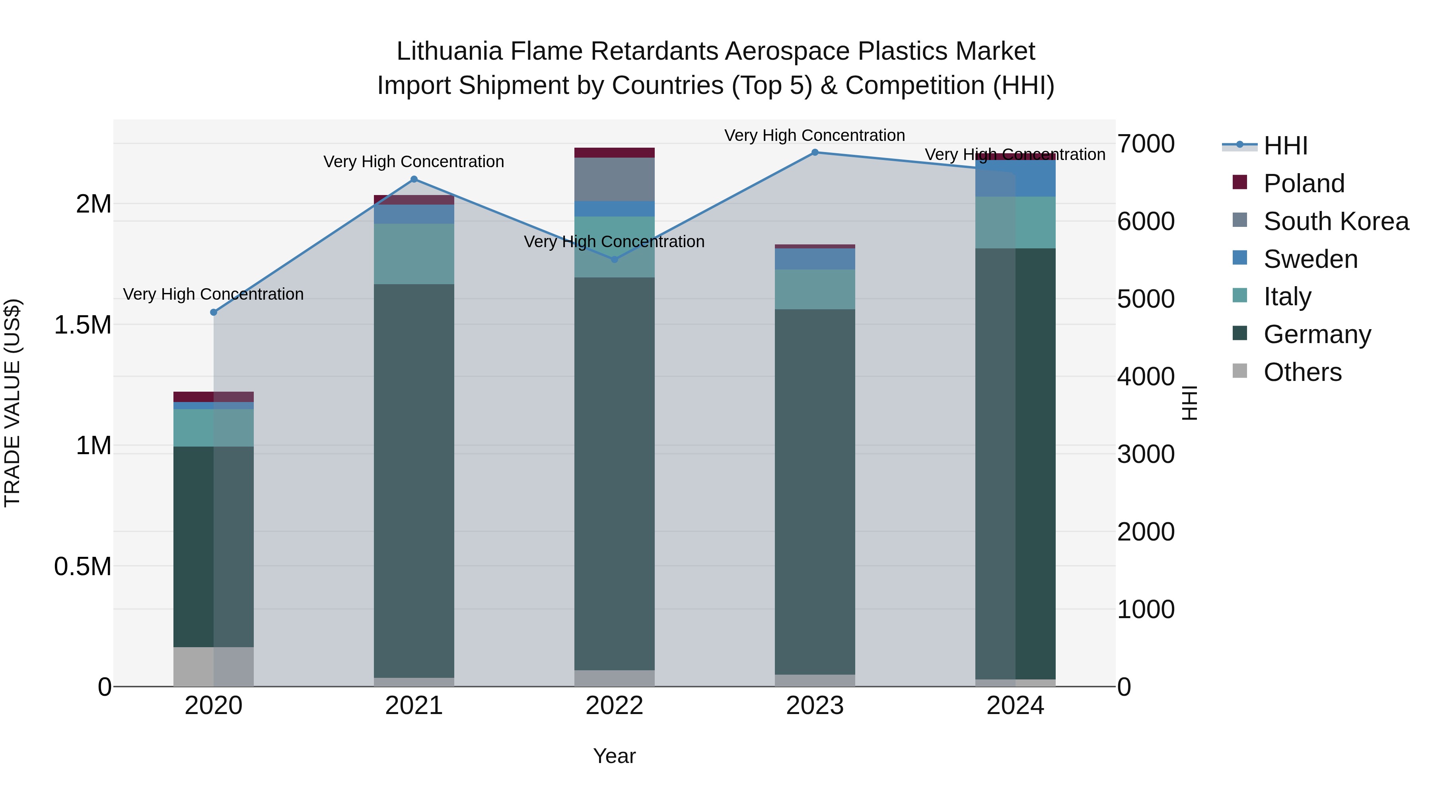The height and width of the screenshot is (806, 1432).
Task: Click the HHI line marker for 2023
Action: [x=815, y=152]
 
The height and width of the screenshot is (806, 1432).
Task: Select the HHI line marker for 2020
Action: [x=214, y=312]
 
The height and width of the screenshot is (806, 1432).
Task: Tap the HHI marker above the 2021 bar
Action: [x=414, y=179]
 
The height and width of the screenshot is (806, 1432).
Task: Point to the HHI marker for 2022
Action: [x=614, y=259]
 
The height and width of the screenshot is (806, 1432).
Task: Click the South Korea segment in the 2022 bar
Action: [x=614, y=179]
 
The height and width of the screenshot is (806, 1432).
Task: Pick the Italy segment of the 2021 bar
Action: [x=414, y=254]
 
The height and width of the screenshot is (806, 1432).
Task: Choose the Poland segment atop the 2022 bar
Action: [x=614, y=152]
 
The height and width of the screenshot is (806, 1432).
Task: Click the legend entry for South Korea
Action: [x=1336, y=221]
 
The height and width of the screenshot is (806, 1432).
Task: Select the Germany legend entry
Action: [x=1317, y=334]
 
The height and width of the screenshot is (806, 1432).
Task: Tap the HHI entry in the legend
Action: [x=1285, y=146]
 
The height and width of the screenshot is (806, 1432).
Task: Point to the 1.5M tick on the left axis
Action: [x=83, y=325]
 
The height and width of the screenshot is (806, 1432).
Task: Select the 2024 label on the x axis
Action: [x=1015, y=706]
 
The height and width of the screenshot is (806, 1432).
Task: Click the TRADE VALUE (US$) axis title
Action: [x=13, y=403]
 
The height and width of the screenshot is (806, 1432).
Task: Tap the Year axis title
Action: [x=614, y=756]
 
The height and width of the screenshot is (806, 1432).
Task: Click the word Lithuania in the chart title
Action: [x=449, y=51]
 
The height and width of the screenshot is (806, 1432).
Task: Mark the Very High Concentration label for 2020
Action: [x=214, y=294]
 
